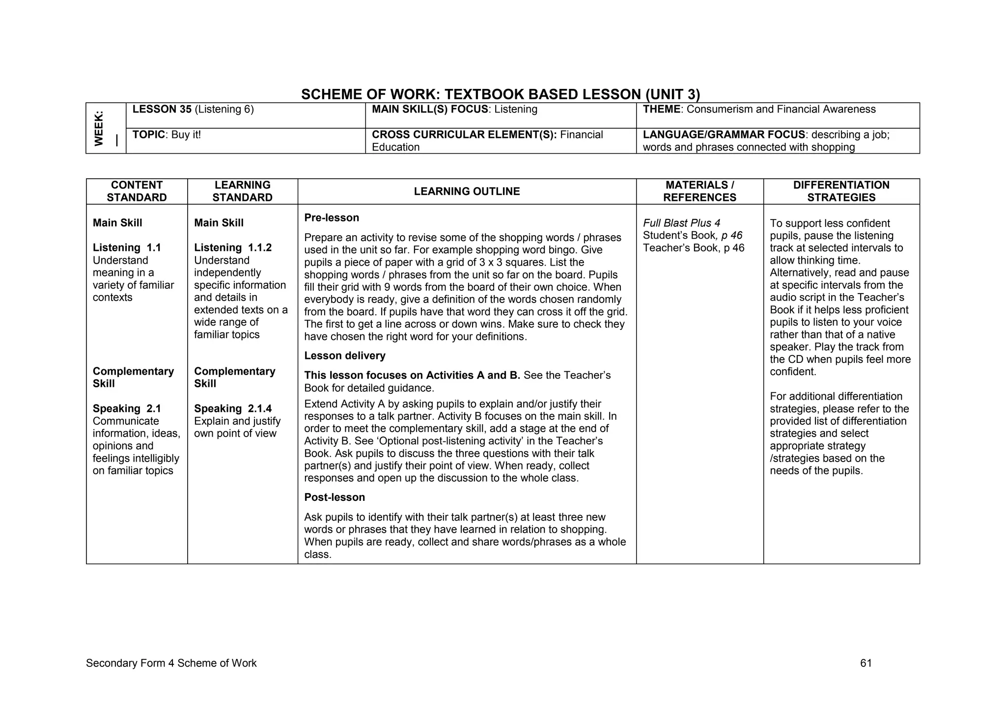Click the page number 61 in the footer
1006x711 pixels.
point(866,663)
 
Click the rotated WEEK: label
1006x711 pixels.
point(99,128)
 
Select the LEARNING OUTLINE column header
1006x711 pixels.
point(467,191)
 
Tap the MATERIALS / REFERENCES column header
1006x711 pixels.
point(699,191)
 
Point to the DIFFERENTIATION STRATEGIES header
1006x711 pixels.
point(841,191)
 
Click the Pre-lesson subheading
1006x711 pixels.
point(332,218)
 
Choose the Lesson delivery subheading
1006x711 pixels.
point(345,355)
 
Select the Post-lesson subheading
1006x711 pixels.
point(335,497)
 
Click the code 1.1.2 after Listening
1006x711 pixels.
point(260,247)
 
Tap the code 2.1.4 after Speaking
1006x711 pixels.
point(260,409)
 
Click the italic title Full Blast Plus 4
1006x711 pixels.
point(681,223)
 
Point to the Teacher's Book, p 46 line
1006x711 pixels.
point(694,248)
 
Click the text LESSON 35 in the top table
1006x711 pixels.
point(162,109)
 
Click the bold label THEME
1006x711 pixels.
point(661,109)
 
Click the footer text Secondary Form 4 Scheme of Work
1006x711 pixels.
point(171,663)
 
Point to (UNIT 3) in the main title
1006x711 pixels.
point(672,94)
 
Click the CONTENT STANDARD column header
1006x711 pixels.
point(137,191)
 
